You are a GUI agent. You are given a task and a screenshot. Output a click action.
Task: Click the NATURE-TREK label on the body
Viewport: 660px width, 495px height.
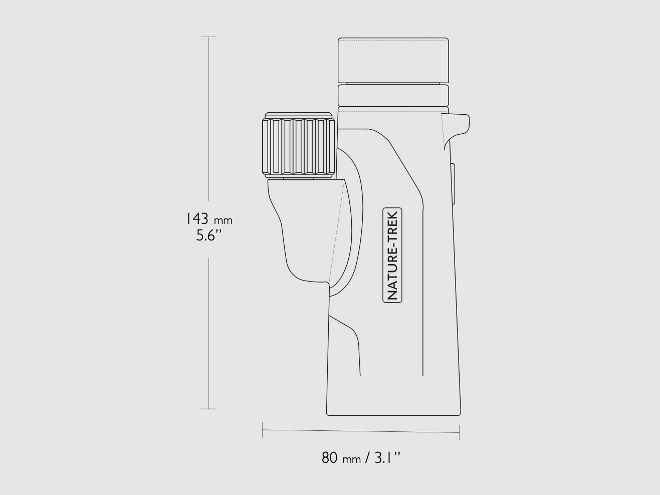(392, 255)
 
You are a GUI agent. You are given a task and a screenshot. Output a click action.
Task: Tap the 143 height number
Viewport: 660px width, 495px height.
(197, 218)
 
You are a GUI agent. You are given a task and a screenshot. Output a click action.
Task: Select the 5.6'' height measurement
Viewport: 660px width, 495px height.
(209, 235)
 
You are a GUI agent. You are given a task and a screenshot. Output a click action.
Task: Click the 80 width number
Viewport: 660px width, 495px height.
(330, 458)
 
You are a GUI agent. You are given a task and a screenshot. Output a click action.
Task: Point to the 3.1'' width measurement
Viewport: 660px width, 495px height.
(388, 458)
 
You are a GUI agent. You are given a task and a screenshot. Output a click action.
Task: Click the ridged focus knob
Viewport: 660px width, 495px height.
(299, 146)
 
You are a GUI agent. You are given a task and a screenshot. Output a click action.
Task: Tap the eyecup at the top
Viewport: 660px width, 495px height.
(393, 60)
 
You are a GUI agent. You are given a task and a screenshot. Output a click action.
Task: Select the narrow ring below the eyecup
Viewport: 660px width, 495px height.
(393, 96)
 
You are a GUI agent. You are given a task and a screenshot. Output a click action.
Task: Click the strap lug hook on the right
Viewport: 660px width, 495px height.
(457, 130)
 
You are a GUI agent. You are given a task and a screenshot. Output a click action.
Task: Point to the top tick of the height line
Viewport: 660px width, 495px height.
(208, 37)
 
